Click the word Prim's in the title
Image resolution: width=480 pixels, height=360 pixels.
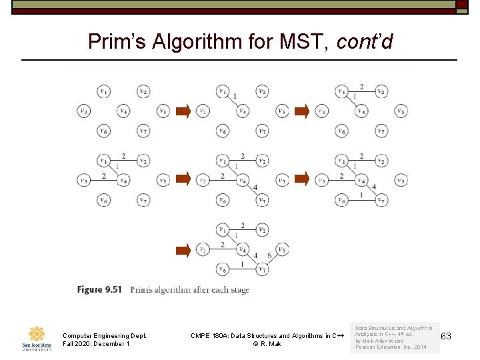117,43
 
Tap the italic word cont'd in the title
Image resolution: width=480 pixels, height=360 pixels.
365,43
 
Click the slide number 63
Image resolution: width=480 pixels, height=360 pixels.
445,336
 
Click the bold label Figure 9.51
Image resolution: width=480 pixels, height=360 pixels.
99,289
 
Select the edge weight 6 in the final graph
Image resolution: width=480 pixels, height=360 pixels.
269,256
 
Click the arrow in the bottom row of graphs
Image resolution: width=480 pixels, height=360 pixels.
183,250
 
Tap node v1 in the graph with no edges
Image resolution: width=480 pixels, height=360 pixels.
103,91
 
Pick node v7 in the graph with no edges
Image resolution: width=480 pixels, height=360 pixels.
143,131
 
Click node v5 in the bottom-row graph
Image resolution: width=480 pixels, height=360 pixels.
282,249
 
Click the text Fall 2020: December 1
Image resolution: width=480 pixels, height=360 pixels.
95,344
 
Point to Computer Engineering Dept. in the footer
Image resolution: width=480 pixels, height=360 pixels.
104,335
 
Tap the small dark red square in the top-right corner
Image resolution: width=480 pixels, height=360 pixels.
462,4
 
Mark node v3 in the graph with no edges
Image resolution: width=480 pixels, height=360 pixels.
83,111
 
